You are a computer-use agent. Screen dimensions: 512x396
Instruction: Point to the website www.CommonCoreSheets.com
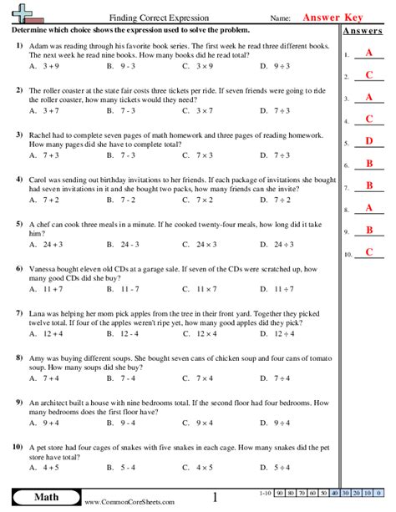coord(129,502)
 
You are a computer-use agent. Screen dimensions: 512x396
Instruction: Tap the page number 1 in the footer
coord(216,499)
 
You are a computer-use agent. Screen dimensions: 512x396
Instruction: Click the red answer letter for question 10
coord(368,253)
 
